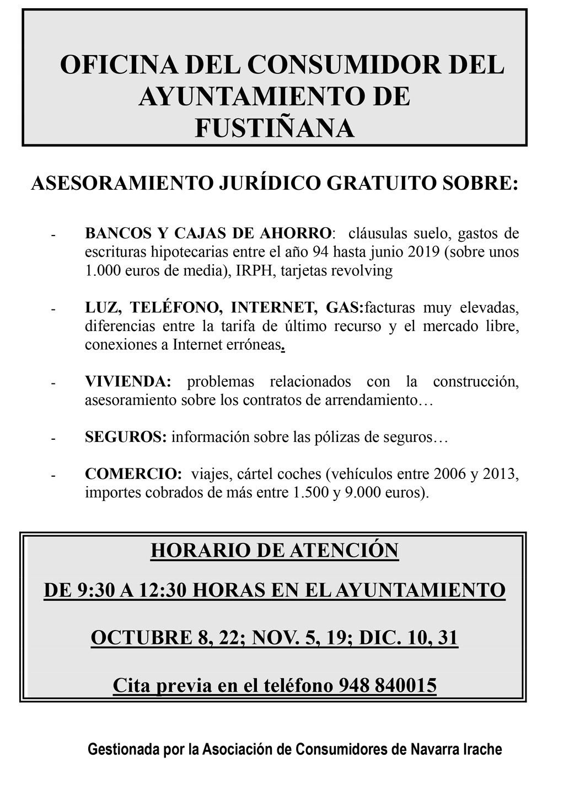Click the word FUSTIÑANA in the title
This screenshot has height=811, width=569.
[275, 128]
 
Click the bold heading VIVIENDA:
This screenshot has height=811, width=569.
[128, 381]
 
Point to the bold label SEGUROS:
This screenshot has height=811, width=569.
[126, 437]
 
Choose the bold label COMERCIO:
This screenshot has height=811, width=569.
[133, 474]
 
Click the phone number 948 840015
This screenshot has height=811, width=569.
[388, 685]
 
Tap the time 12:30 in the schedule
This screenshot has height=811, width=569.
[161, 590]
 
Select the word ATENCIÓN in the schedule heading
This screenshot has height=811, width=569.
[346, 550]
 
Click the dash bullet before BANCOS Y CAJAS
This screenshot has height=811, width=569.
[54, 234]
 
